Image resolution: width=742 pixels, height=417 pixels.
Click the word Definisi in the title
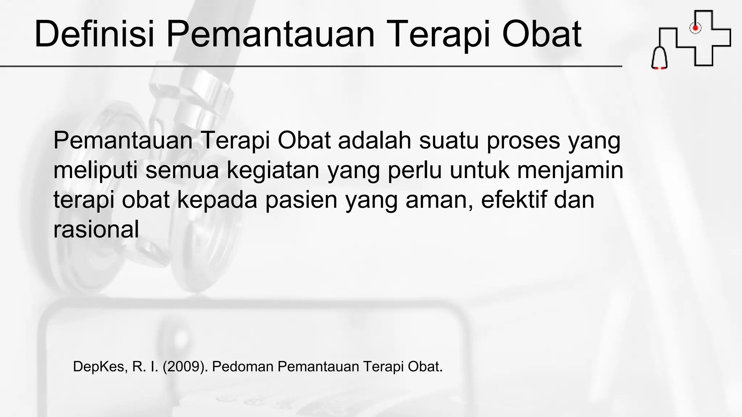pos(95,34)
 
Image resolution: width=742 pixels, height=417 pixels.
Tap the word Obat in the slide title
pos(542,34)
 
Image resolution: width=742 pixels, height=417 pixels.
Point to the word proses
pos(523,141)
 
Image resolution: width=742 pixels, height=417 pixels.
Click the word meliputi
pos(95,170)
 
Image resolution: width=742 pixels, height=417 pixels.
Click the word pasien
pos(301,200)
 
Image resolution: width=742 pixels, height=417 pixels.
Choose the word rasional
pos(96,229)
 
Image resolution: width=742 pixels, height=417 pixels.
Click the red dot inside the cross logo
pos(695,28)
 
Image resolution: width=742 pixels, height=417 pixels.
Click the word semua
pos(182,170)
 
